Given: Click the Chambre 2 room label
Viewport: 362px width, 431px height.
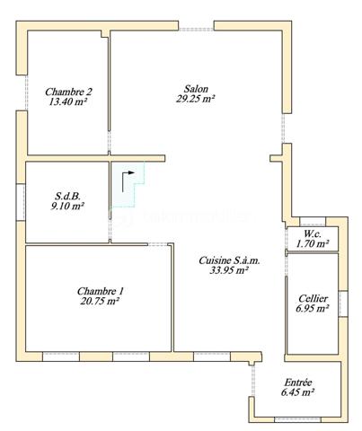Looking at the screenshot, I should click(68, 91).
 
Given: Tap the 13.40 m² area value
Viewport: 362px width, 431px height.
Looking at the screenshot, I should click(68, 102).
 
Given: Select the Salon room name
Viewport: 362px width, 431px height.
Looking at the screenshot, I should click(196, 89).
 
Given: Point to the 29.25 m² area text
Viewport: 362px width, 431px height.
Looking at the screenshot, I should click(196, 100).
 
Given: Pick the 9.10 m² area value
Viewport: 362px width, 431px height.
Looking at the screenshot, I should click(66, 206).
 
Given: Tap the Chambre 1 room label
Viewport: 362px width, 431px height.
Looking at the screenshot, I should click(100, 291).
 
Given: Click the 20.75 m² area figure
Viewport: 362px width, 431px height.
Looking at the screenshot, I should click(100, 303).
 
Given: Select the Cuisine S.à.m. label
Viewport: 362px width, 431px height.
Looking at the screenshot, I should click(229, 260).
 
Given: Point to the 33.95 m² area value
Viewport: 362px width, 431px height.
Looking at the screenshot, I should click(229, 271).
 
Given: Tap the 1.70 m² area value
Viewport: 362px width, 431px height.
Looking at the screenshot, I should click(312, 242).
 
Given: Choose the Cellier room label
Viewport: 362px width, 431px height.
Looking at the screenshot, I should click(312, 298).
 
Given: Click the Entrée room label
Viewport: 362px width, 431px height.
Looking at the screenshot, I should click(297, 381).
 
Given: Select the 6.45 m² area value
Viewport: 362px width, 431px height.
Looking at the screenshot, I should click(297, 392).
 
